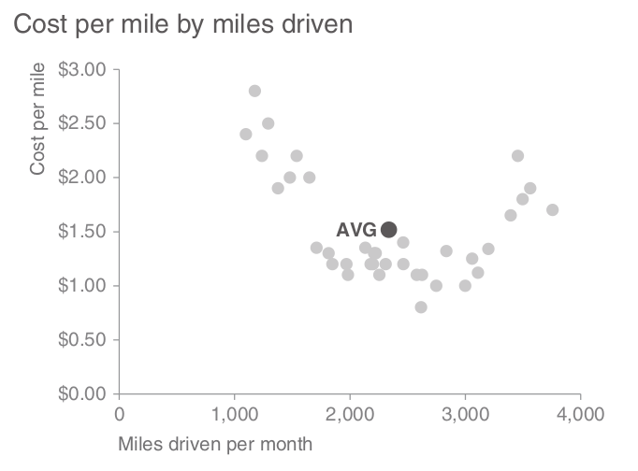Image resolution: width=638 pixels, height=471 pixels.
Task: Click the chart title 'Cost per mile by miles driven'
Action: click(182, 25)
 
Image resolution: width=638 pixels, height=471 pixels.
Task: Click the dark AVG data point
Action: click(389, 229)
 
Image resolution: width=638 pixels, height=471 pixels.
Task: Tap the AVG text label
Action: click(356, 230)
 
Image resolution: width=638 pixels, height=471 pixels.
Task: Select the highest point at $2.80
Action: click(254, 91)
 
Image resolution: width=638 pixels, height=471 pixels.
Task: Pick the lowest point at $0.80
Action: click(421, 307)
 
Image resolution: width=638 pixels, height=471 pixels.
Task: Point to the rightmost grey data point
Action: click(553, 209)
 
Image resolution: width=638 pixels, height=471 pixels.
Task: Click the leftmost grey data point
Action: click(246, 134)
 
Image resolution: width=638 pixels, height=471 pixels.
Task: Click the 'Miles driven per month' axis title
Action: click(215, 443)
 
